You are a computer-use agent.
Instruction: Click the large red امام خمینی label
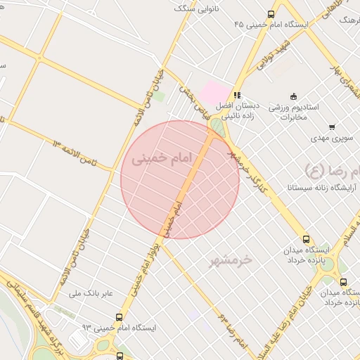point(161,160)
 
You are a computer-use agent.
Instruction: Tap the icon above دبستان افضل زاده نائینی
point(238,94)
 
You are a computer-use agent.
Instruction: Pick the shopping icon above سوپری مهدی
point(331,127)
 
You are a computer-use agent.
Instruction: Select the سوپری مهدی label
point(333,140)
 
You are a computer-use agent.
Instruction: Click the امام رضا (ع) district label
point(330,169)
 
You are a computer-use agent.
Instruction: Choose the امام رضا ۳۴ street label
point(232,330)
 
